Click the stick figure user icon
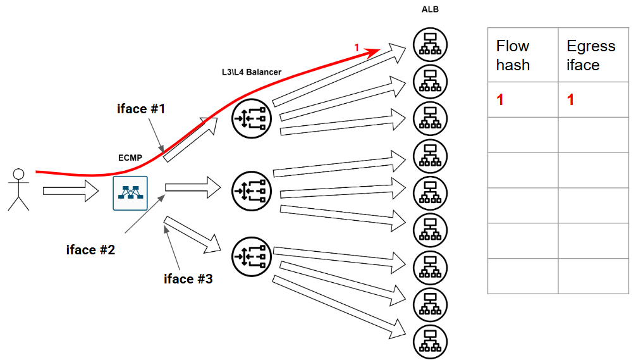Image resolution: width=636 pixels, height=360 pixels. (19, 189)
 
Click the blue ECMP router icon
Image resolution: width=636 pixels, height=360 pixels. (130, 193)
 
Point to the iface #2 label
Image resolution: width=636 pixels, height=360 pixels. (90, 249)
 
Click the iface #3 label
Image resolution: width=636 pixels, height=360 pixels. (188, 279)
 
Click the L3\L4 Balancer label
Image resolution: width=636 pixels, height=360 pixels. (247, 73)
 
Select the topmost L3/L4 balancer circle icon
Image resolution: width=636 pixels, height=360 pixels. (250, 118)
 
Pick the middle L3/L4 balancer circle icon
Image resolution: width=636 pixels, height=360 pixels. (250, 189)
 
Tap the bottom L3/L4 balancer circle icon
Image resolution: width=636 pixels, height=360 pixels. (250, 256)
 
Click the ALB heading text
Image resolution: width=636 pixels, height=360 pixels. (430, 9)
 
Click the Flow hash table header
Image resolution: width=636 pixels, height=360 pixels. (513, 55)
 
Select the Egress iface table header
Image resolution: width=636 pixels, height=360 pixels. (590, 55)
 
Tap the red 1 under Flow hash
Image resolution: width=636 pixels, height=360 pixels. (500, 100)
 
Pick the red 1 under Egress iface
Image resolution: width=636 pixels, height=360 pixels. (571, 100)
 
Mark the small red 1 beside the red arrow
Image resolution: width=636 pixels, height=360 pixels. (357, 47)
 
